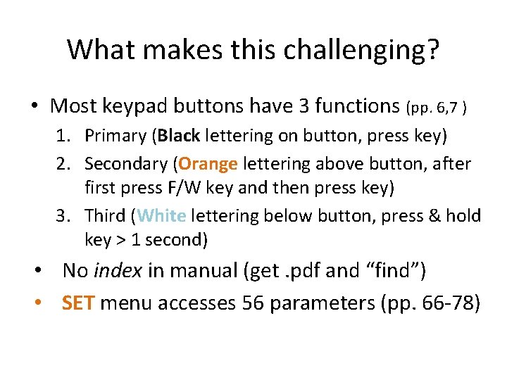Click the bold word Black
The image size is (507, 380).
(x=179, y=134)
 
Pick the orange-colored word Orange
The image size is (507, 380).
(x=208, y=164)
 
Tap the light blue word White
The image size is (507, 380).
(x=162, y=215)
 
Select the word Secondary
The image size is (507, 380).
(x=127, y=164)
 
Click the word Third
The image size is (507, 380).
(x=105, y=215)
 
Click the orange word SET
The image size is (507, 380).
(x=77, y=303)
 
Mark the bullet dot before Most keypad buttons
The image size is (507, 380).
(x=34, y=107)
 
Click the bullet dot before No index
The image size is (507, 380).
(x=43, y=271)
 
